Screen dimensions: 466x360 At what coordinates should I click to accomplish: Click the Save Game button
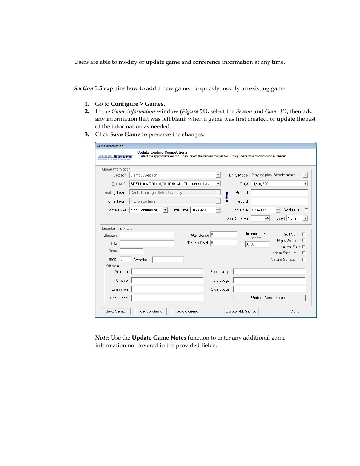click(115, 311)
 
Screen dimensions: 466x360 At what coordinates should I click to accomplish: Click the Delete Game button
click(187, 311)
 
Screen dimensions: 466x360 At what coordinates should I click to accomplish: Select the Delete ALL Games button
click(241, 311)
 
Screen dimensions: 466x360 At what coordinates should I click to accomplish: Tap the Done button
click(295, 311)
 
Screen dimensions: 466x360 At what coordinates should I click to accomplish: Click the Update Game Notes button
click(269, 298)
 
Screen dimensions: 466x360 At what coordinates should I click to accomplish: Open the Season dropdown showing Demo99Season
click(218, 175)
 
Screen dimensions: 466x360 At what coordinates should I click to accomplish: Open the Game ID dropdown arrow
click(218, 184)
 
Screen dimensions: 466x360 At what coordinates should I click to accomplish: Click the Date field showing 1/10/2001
click(277, 184)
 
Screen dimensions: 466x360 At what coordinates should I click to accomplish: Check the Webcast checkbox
click(306, 210)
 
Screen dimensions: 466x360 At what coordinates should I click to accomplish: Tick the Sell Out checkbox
click(303, 234)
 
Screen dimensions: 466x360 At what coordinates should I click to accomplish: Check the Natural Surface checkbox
click(303, 260)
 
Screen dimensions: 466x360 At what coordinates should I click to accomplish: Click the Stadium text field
click(147, 235)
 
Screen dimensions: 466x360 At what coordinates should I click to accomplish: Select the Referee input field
click(167, 272)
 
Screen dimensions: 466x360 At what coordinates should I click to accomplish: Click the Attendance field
click(223, 235)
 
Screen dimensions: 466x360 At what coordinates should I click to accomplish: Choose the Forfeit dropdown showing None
click(297, 218)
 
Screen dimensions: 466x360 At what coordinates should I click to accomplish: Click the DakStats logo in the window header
click(115, 157)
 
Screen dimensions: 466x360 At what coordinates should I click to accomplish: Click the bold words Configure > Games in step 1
click(137, 104)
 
